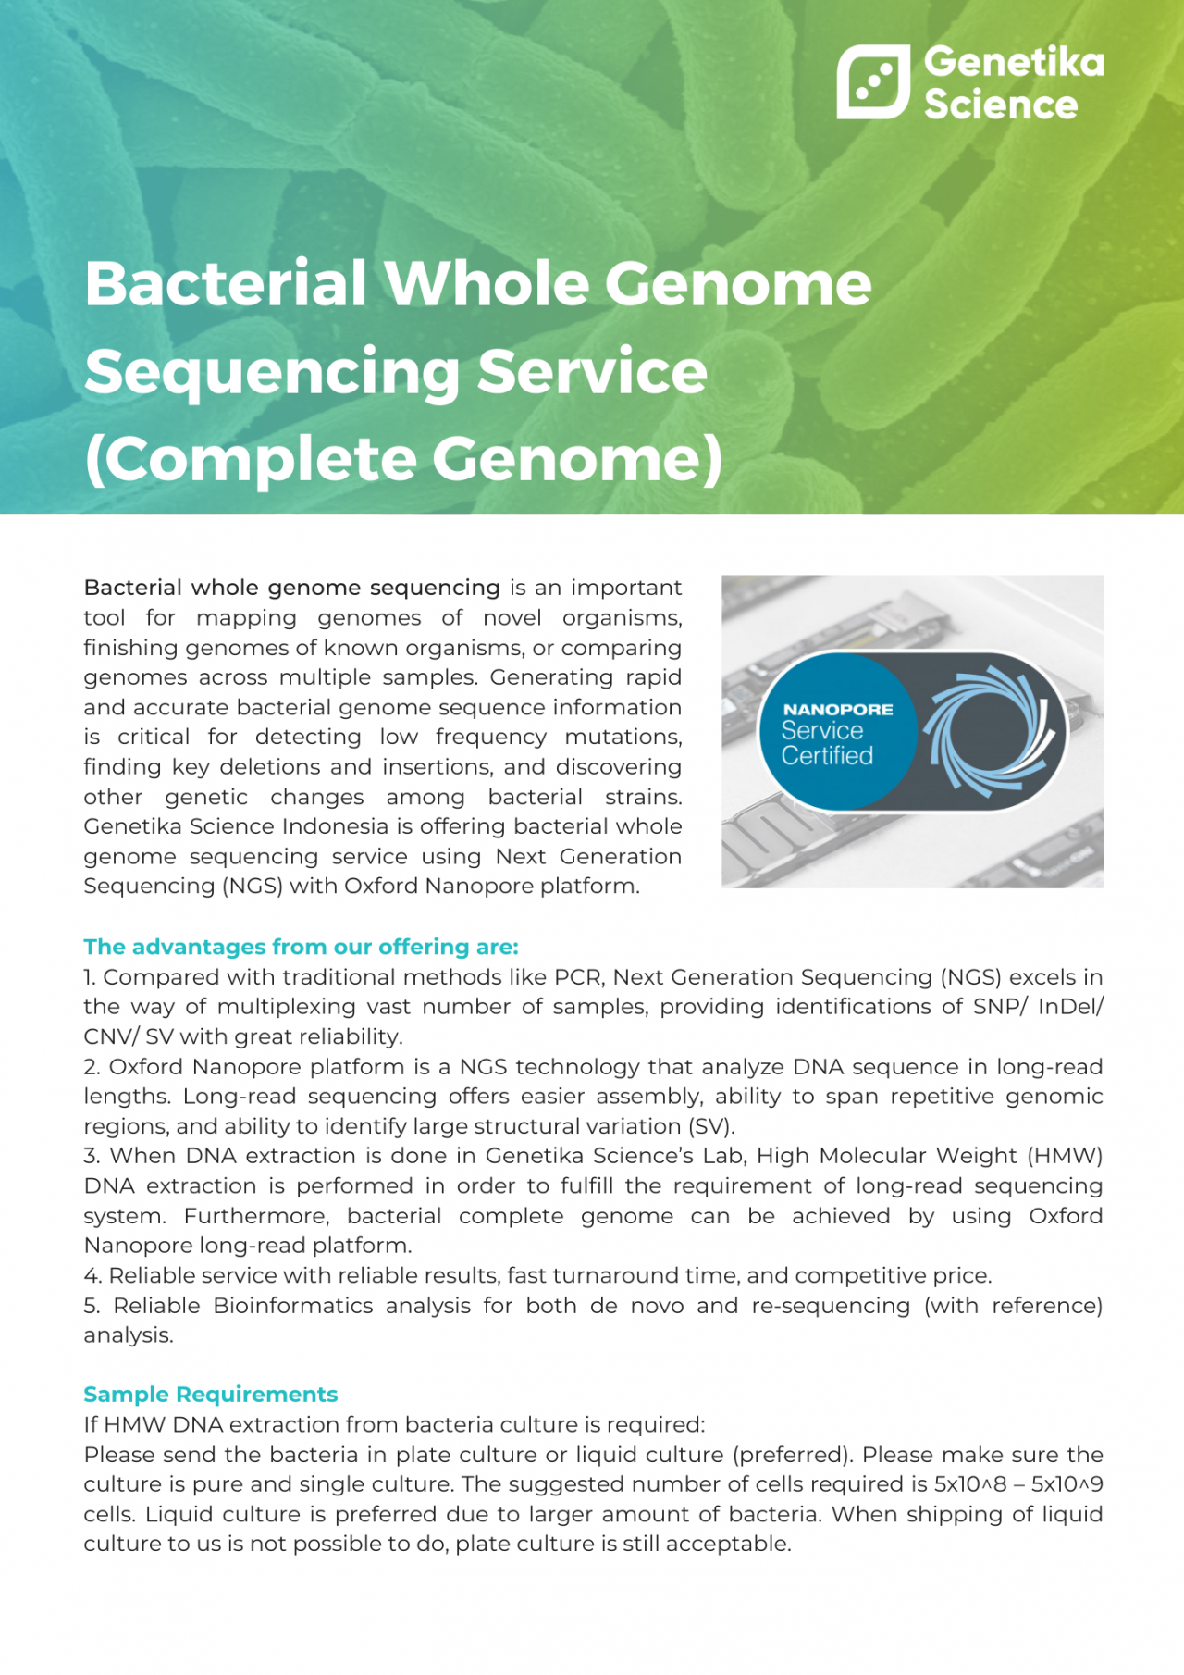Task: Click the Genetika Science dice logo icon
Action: coord(872,81)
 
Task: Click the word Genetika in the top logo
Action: coord(1014,61)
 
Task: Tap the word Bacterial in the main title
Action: coord(226,283)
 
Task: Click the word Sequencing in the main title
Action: coord(272,372)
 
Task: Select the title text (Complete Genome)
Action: coord(403,460)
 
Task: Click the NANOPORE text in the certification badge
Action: coord(837,710)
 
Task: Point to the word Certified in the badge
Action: coord(826,756)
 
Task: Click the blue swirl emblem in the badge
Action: coord(987,731)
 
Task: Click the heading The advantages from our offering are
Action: coord(301,947)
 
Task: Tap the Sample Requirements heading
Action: coord(210,1395)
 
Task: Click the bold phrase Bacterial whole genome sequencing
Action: coord(291,588)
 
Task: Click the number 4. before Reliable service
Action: coord(92,1276)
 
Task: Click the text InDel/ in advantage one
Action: coord(1070,1007)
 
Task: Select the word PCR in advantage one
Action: coord(577,977)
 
